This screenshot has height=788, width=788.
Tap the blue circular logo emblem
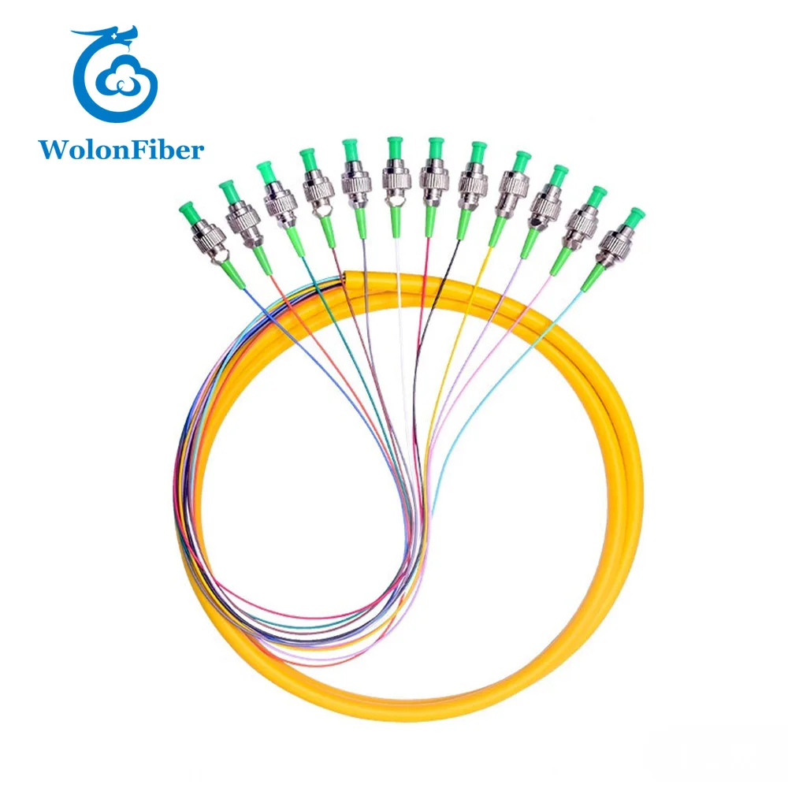(x=115, y=78)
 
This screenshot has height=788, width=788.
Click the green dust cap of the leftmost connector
(x=188, y=210)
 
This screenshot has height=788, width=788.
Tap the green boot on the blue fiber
(x=232, y=273)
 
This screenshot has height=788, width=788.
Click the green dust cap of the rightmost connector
(x=634, y=216)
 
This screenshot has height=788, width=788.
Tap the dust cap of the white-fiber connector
(x=394, y=145)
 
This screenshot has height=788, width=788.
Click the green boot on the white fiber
(x=396, y=216)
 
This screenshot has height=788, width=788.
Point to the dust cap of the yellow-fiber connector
(x=519, y=161)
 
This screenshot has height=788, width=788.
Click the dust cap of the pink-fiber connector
(x=597, y=194)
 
